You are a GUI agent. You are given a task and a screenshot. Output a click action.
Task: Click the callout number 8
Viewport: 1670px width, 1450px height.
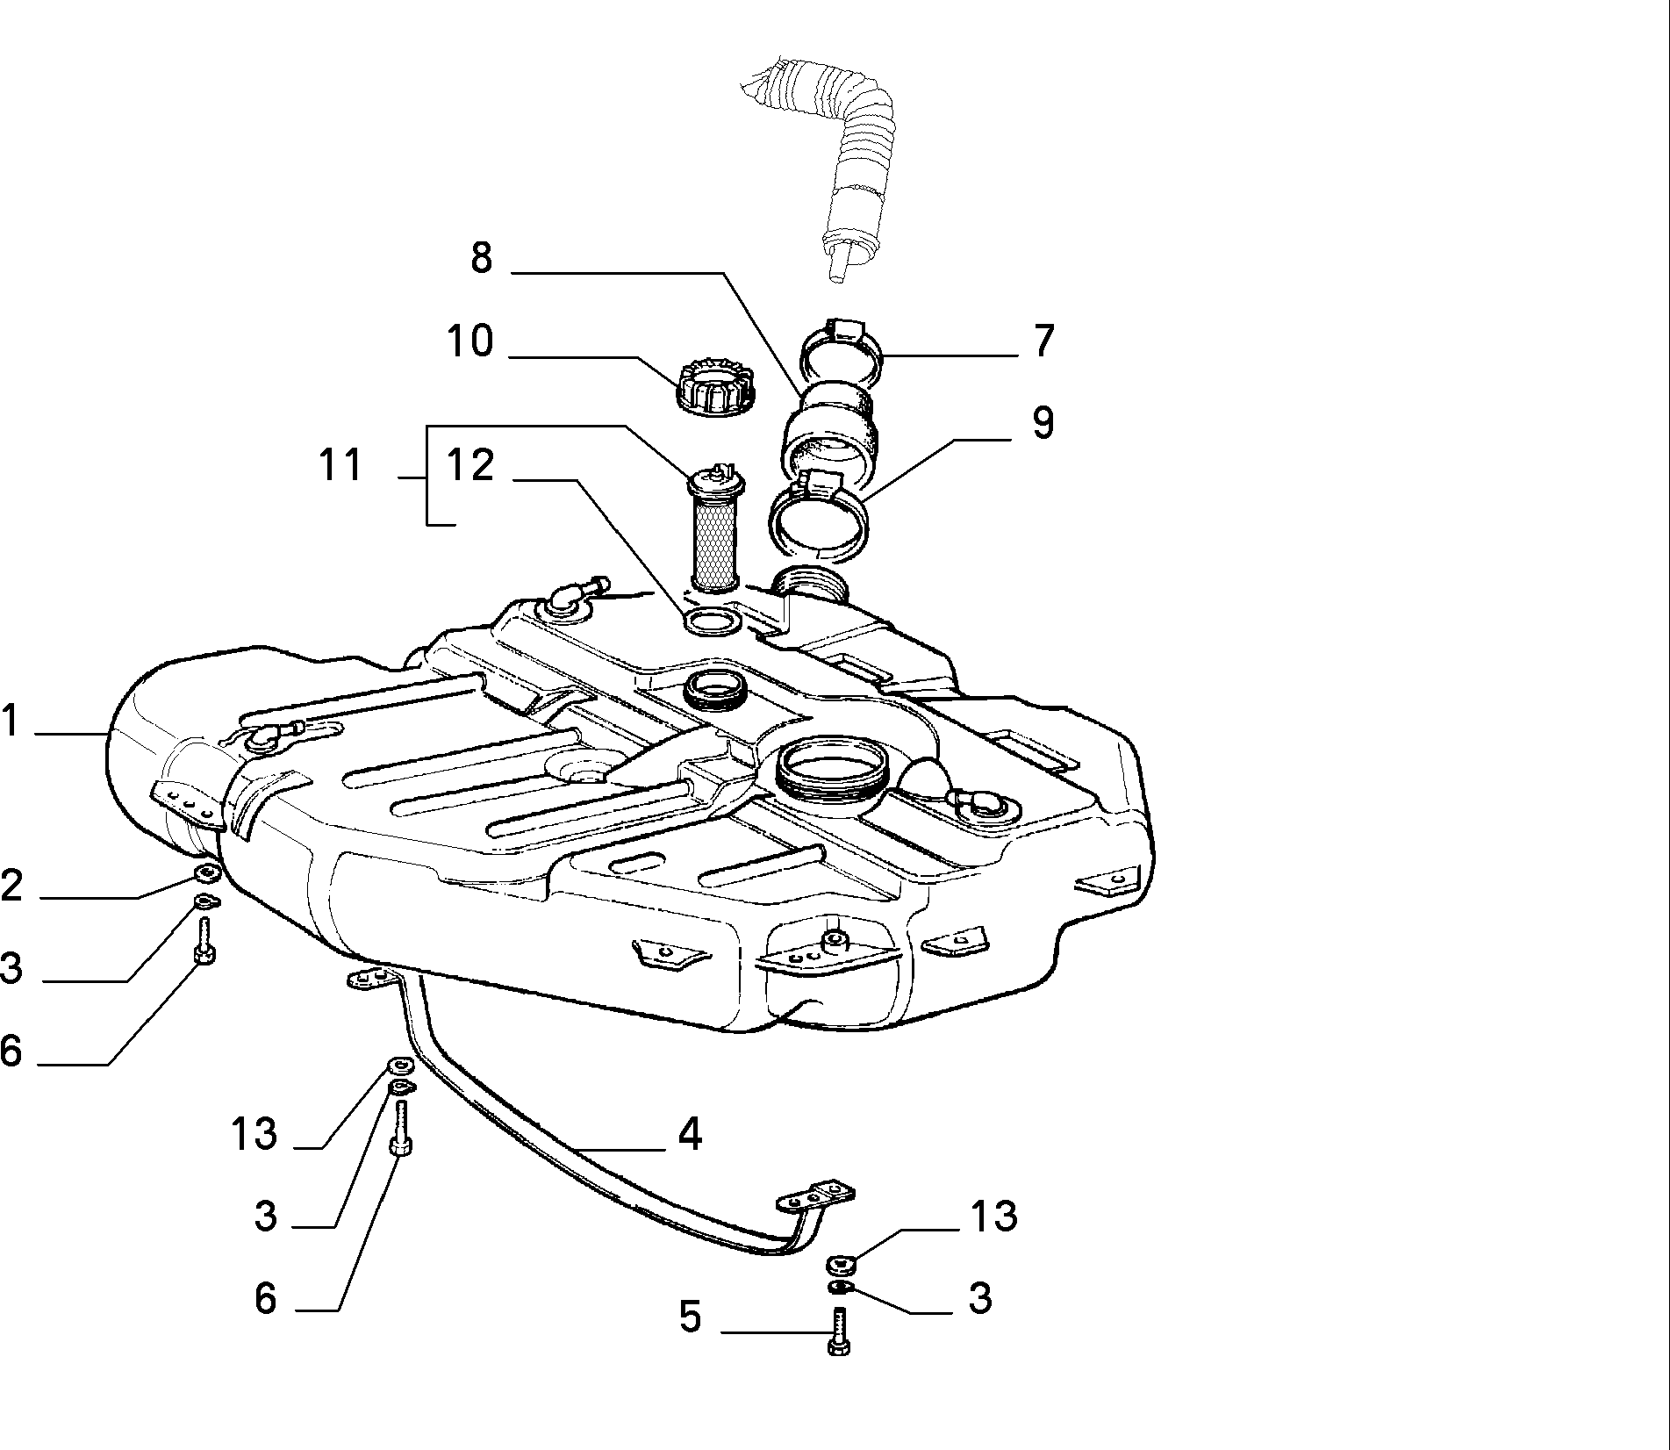tap(482, 258)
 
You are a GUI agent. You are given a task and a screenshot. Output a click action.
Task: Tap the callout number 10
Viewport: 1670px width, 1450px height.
tap(470, 341)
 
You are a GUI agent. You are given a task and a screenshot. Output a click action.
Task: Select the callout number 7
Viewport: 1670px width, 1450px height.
tap(1043, 341)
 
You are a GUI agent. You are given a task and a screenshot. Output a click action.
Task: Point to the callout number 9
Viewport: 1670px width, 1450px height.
tap(1043, 422)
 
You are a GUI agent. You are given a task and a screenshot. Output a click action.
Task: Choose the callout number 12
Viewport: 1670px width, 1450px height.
tap(470, 465)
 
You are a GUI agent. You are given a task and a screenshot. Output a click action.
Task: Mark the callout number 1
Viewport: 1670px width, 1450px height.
tap(10, 721)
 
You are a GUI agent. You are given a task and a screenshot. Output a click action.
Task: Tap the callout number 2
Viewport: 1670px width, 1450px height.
tap(11, 886)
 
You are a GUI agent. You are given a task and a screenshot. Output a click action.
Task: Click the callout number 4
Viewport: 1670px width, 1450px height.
tap(691, 1133)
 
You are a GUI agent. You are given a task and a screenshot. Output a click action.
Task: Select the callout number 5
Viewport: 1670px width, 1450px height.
tap(691, 1317)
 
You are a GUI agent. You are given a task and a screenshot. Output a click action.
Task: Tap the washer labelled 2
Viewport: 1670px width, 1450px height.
tap(207, 873)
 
